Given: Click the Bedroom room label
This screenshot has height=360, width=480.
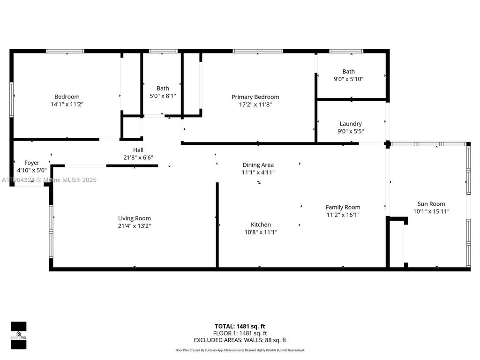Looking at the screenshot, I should click(x=67, y=97).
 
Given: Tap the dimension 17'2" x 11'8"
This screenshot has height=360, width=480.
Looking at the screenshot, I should click(x=255, y=105).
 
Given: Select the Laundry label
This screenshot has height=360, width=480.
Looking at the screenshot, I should click(x=351, y=124).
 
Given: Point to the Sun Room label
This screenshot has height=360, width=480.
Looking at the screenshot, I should click(x=431, y=204).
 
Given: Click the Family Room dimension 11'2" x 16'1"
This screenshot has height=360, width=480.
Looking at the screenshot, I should click(x=343, y=215).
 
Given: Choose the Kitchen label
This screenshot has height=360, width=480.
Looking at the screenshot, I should click(x=260, y=225).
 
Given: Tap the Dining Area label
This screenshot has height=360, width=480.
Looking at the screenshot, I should click(x=258, y=165).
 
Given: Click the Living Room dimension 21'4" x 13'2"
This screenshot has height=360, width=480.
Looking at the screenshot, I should click(x=134, y=225).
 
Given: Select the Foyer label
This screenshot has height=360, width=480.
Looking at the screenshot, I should click(x=32, y=163).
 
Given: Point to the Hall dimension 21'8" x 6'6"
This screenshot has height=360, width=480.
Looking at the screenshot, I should click(x=138, y=157).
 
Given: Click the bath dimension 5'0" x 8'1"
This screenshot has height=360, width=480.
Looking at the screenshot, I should click(x=163, y=96).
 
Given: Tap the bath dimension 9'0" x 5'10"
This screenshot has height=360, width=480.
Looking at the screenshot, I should click(x=348, y=79).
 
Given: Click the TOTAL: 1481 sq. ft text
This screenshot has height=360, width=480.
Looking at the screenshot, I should click(x=240, y=326).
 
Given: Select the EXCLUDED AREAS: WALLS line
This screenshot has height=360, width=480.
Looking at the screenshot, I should click(x=240, y=340).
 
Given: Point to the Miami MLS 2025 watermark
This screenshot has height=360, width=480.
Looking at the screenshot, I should click(x=49, y=180).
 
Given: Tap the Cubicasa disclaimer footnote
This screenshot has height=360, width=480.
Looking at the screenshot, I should click(x=240, y=350).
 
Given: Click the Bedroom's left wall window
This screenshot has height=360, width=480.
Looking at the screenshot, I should click(x=11, y=99).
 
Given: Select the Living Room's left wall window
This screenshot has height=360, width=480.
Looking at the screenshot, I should click(x=51, y=231).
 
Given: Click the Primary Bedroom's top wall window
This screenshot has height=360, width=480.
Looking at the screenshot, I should click(x=257, y=51).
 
